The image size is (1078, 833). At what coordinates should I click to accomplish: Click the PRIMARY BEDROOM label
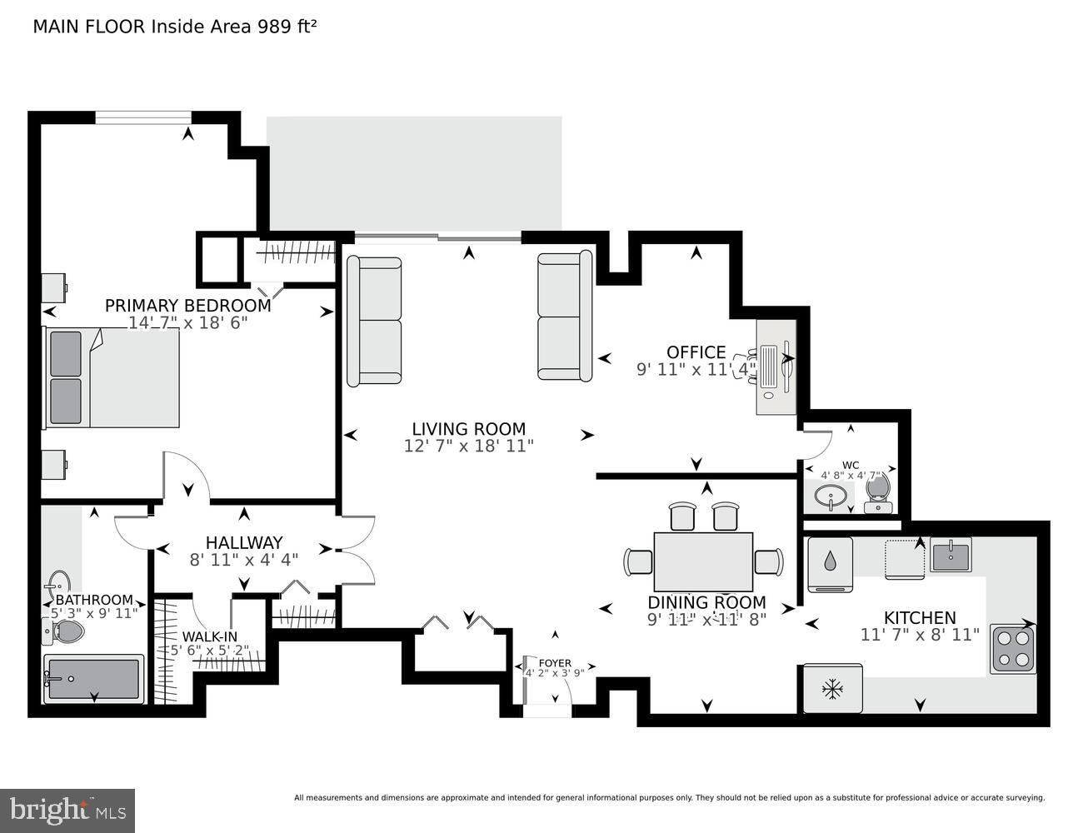pyautogui.click(x=187, y=305)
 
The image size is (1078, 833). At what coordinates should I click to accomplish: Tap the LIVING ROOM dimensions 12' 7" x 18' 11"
pyautogui.click(x=468, y=446)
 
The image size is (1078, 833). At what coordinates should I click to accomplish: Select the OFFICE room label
pyautogui.click(x=696, y=352)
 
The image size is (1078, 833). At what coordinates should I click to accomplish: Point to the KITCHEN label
pyautogui.click(x=920, y=617)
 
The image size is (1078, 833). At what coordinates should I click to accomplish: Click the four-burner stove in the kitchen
pyautogui.click(x=1013, y=648)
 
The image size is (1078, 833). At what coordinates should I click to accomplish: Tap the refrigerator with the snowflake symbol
pyautogui.click(x=831, y=689)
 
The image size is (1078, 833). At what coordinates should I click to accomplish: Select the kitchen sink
pyautogui.click(x=951, y=556)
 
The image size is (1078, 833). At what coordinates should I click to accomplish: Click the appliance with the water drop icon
pyautogui.click(x=830, y=563)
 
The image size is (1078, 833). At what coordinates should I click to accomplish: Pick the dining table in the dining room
pyautogui.click(x=703, y=561)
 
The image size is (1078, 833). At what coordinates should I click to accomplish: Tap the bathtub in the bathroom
pyautogui.click(x=92, y=679)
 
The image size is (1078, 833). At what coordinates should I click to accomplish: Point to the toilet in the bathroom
pyautogui.click(x=63, y=631)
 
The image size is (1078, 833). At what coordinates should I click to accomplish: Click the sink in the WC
pyautogui.click(x=828, y=498)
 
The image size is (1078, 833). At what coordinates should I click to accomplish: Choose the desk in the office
pyautogui.click(x=775, y=367)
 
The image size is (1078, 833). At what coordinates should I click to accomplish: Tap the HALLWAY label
pyautogui.click(x=244, y=542)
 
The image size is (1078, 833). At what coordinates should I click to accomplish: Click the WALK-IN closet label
pyautogui.click(x=209, y=636)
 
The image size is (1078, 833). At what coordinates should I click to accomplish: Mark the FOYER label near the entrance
pyautogui.click(x=555, y=663)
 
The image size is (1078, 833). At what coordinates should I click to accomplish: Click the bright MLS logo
pyautogui.click(x=67, y=811)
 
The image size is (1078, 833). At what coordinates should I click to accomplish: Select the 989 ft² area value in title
pyautogui.click(x=285, y=26)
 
